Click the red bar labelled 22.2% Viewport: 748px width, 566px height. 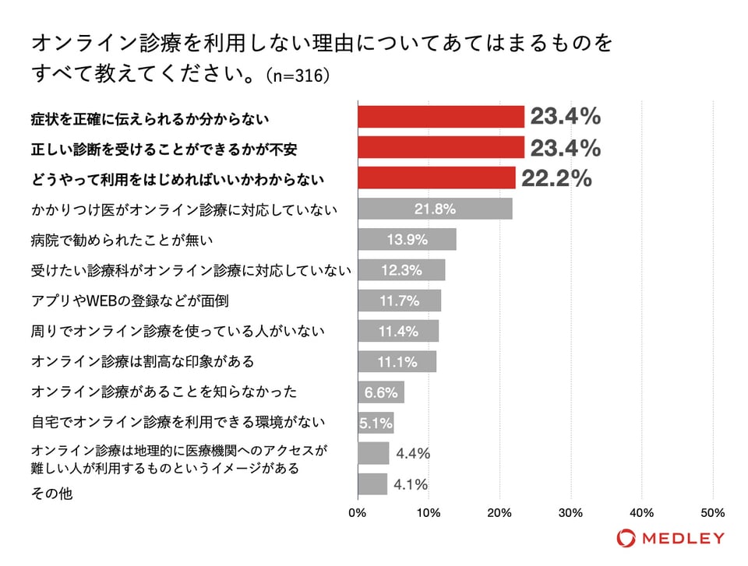pos(436,178)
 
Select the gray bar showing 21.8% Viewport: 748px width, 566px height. pos(435,209)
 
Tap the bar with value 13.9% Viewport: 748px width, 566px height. pos(407,240)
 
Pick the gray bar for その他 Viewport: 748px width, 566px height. pos(372,484)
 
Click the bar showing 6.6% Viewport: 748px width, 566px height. pos(381,392)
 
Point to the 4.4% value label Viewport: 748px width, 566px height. pos(413,453)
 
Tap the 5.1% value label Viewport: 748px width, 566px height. pos(376,423)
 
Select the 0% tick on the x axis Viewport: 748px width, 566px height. pos(358,513)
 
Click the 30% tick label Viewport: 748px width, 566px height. pos(571,513)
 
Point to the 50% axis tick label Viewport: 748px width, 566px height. pos(713,513)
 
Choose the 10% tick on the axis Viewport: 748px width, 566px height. pos(429,513)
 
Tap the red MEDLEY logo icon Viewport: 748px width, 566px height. pos(626,538)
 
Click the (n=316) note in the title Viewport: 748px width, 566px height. pos(298,76)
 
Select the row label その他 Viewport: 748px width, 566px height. pos(52,494)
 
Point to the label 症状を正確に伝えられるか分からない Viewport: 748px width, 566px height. pos(150,118)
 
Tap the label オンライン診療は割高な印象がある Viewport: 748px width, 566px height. pos(143,362)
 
